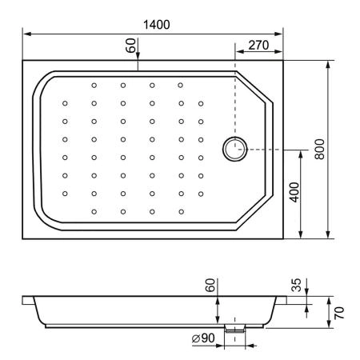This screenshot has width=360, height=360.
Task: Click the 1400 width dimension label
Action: click(x=157, y=25)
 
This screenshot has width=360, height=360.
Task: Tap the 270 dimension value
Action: click(x=258, y=46)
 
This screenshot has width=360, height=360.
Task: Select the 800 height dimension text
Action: click(x=319, y=149)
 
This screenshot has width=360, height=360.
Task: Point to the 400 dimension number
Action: click(x=294, y=192)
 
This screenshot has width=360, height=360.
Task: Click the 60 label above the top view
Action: click(x=130, y=46)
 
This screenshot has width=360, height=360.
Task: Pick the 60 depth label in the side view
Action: click(x=210, y=286)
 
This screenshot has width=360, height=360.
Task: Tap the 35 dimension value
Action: click(x=296, y=285)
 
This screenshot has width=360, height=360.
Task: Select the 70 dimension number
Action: click(x=339, y=313)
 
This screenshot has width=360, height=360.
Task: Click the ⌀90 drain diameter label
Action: click(x=203, y=338)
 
